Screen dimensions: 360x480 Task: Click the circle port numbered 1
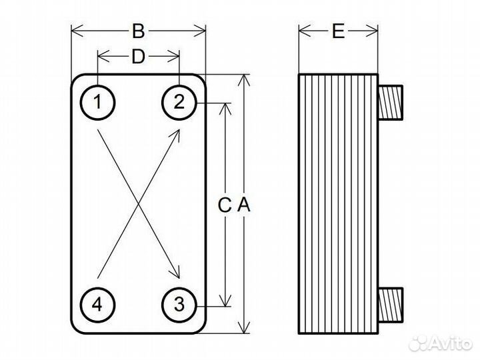coord(98,103)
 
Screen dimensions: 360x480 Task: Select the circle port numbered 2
coord(179,103)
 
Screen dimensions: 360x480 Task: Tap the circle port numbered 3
coord(179,305)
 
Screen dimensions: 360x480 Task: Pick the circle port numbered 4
coord(98,305)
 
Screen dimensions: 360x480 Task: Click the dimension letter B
coord(138,31)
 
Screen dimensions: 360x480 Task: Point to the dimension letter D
coord(138,57)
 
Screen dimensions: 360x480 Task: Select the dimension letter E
coord(338,31)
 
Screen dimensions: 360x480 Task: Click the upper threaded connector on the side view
coord(389,103)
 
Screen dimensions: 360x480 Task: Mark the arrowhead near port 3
coord(178,275)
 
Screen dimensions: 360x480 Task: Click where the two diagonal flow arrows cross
coord(138,204)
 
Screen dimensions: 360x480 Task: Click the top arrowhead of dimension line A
coord(245,79)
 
